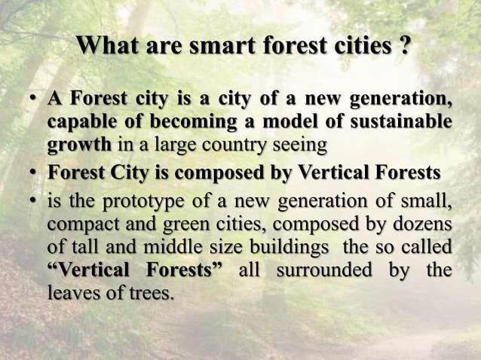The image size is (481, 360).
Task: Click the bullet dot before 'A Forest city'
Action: tap(34, 100)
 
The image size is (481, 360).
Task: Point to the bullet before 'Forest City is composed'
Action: tap(34, 173)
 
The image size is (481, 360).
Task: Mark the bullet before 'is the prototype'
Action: tap(34, 200)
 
